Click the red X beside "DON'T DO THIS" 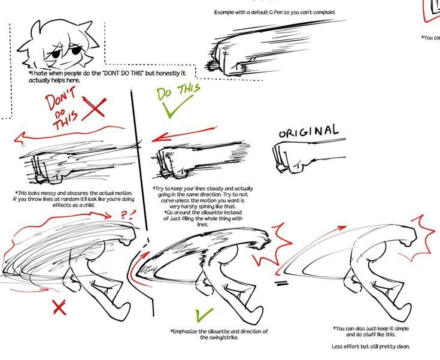[x=95, y=110]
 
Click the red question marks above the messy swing [x=128, y=213]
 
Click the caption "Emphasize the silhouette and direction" [x=219, y=334]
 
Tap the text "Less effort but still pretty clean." [x=371, y=347]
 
